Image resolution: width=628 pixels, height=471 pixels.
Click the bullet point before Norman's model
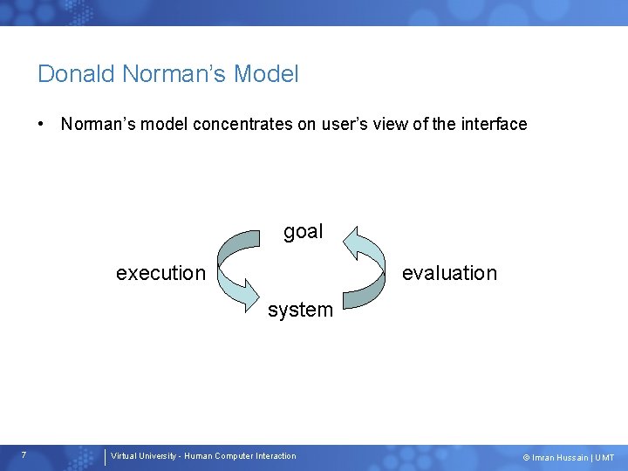coord(42,124)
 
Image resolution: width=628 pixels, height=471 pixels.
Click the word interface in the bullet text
coord(493,124)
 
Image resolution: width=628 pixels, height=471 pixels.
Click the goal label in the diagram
coord(303,232)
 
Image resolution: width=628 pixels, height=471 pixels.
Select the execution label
coord(160,273)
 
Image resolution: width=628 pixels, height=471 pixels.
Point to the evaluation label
coord(448,273)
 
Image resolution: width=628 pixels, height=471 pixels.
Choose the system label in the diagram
coord(300,310)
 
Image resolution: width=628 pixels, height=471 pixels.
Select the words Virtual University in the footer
coord(141,456)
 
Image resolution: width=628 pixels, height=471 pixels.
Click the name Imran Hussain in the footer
coord(560,458)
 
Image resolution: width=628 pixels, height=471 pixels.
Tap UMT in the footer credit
coord(604,458)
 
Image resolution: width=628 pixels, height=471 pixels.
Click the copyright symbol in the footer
coord(526,458)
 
